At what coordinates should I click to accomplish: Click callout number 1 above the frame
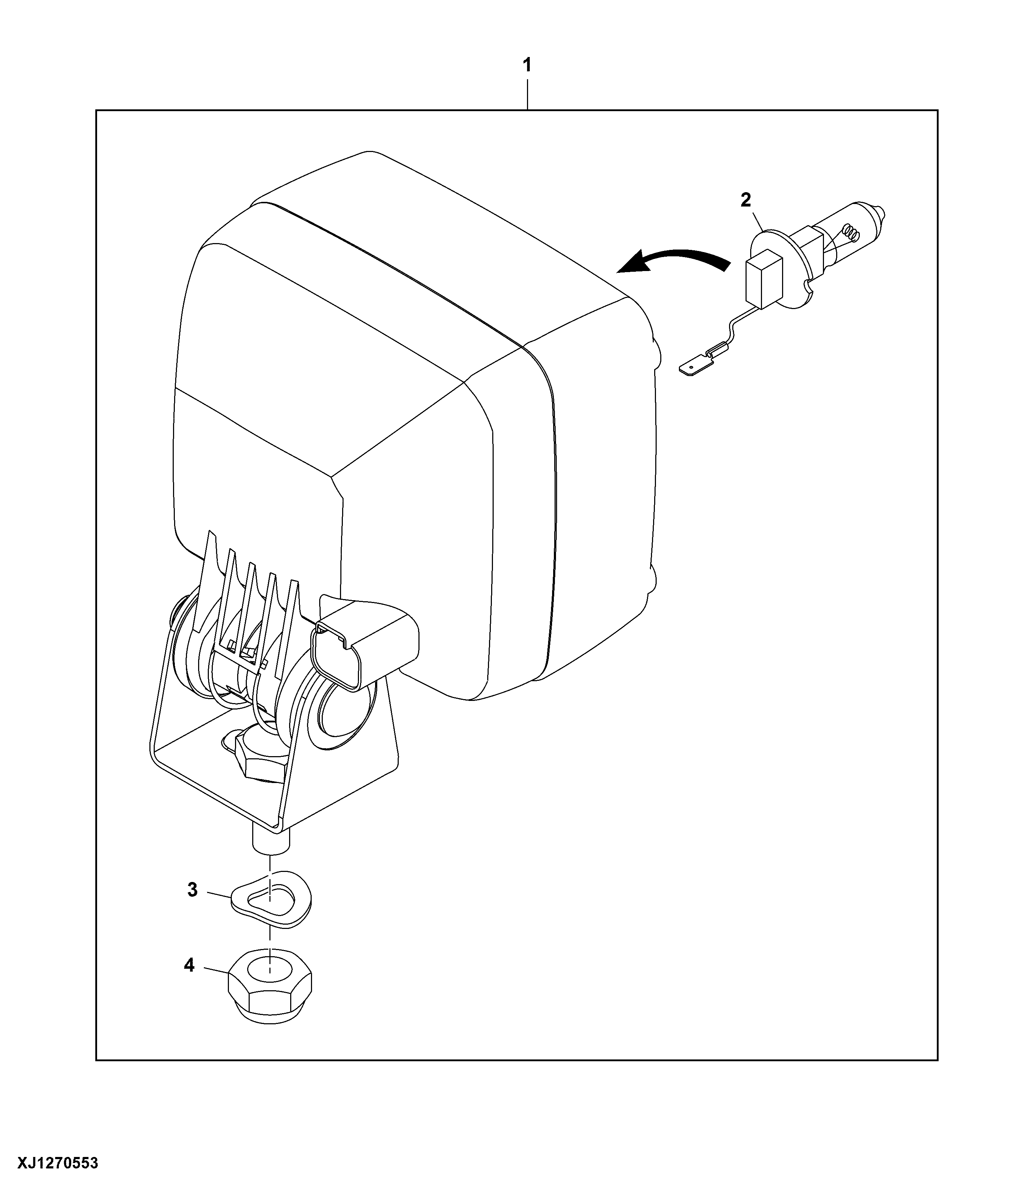point(527,65)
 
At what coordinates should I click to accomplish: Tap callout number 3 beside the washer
point(193,890)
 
